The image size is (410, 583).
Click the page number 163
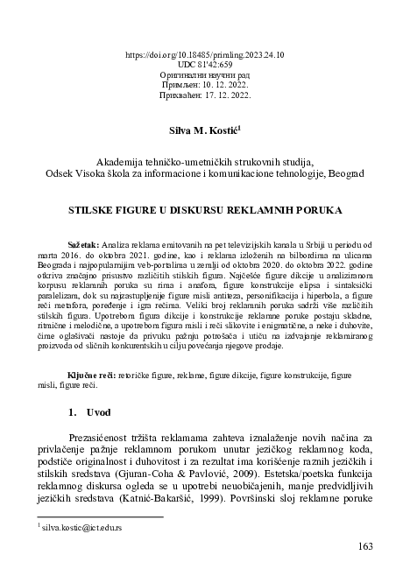366,547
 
